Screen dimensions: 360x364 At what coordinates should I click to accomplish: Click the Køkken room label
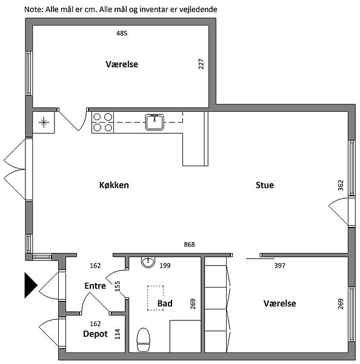(x=114, y=185)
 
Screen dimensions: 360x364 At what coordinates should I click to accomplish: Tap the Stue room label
(x=265, y=185)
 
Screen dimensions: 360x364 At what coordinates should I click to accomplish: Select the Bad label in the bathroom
(x=165, y=303)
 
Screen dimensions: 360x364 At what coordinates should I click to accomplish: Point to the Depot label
(x=95, y=334)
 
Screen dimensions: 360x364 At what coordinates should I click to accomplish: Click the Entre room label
(x=95, y=286)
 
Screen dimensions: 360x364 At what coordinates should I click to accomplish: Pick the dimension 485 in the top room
(x=122, y=33)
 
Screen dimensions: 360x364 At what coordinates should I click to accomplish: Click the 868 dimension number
(x=189, y=244)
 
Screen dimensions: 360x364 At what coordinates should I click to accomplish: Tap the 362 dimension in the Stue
(x=341, y=185)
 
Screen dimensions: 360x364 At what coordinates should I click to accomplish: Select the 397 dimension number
(x=279, y=265)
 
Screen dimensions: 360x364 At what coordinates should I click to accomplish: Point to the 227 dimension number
(x=201, y=64)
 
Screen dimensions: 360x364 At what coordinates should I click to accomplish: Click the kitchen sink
(x=155, y=122)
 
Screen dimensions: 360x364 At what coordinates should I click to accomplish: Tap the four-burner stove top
(x=103, y=123)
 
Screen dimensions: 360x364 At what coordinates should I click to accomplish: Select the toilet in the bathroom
(x=144, y=339)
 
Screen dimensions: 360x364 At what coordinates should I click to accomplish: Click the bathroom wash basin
(x=148, y=262)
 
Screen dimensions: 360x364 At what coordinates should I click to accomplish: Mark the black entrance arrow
(x=31, y=285)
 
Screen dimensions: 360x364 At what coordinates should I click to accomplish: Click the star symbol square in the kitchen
(x=44, y=123)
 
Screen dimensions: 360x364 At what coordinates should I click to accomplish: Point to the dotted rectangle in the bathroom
(x=155, y=298)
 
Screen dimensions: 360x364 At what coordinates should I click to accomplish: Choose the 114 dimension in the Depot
(x=118, y=334)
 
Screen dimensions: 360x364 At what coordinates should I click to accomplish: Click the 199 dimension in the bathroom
(x=165, y=265)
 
